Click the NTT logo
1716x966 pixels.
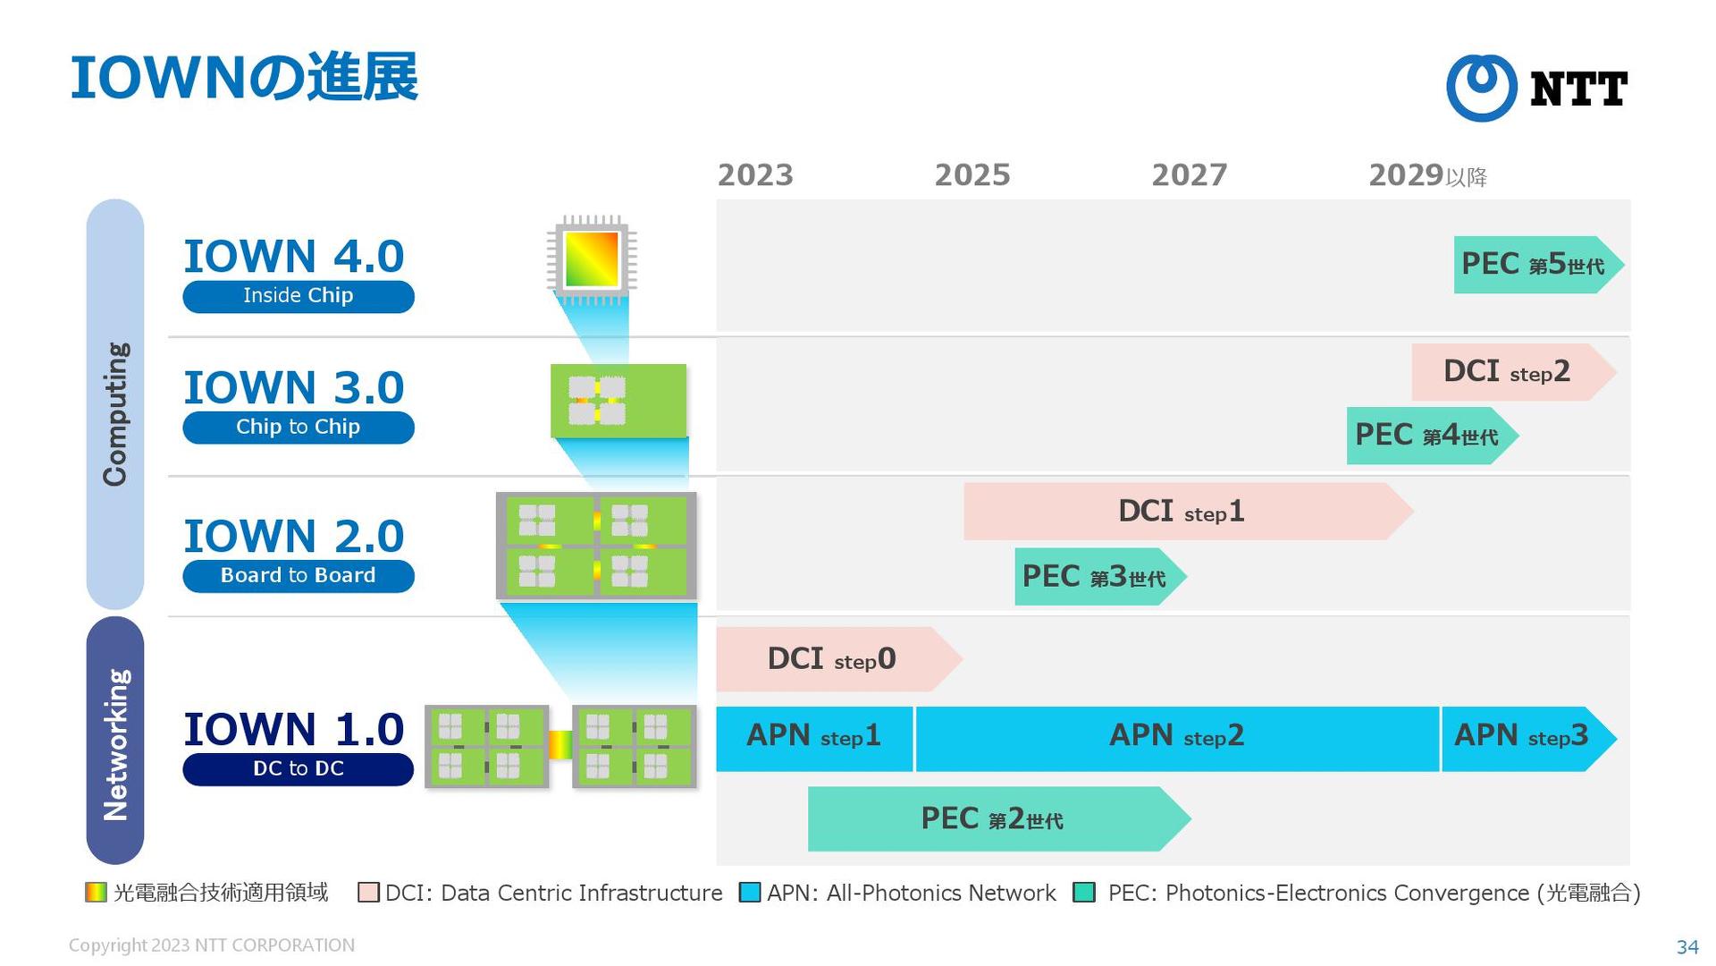[x=1536, y=88]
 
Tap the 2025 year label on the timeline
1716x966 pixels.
[x=972, y=175]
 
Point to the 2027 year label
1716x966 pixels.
[x=1190, y=175]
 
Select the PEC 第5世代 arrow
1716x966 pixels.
[x=1534, y=265]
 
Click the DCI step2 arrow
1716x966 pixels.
[x=1509, y=372]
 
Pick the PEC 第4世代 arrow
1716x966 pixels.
[x=1427, y=436]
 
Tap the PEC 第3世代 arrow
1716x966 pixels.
[x=1095, y=577]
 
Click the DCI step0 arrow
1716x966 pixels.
[x=832, y=659]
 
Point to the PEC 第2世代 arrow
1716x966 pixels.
[x=992, y=819]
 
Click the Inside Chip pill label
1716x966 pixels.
[x=299, y=296]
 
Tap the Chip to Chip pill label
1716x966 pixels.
[x=299, y=428]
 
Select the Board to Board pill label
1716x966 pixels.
[x=299, y=576]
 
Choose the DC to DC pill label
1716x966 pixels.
[x=299, y=769]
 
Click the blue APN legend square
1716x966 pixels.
[x=750, y=893]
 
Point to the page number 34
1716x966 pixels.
[x=1687, y=947]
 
